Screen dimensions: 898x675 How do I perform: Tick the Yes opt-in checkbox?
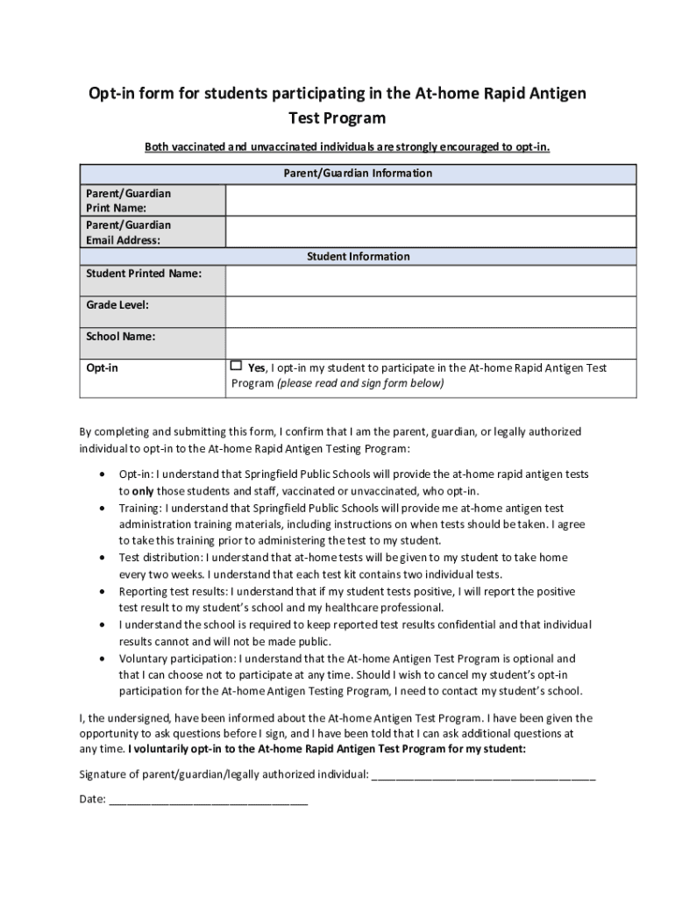click(236, 367)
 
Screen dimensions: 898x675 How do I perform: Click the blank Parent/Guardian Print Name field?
click(431, 200)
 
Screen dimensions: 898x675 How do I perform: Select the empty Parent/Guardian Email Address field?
click(431, 232)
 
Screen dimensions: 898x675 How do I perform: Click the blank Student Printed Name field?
click(431, 281)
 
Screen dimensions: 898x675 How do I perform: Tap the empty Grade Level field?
click(431, 312)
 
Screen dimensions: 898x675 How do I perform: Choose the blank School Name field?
click(431, 344)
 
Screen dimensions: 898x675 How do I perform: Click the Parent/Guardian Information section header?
click(358, 173)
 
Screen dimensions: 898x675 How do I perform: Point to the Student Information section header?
click(358, 256)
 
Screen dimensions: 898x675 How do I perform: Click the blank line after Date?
click(208, 800)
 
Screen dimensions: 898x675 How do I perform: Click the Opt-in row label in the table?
click(102, 368)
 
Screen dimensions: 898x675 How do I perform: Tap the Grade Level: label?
click(117, 305)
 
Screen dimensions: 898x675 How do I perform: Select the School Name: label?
click(120, 337)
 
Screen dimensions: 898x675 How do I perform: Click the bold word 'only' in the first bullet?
click(143, 491)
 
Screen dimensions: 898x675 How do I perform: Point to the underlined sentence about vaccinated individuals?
click(347, 146)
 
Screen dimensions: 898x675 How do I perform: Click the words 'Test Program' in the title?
click(337, 118)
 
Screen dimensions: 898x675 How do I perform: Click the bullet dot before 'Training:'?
click(105, 508)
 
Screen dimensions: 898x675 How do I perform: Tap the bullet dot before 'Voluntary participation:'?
click(105, 658)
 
